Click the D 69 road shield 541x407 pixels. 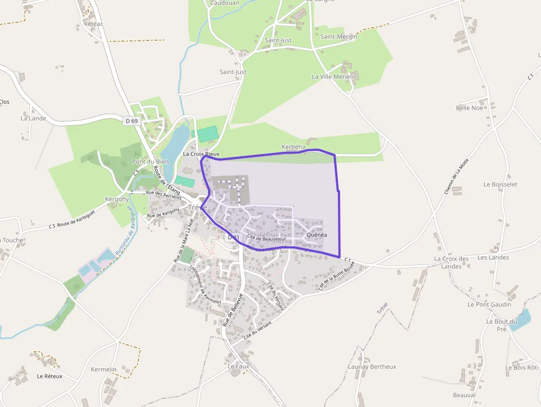pos(131,120)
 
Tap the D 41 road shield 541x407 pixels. pos(234,237)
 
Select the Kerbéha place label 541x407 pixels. pos(293,147)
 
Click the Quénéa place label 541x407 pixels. pos(317,235)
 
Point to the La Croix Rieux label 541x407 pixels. pos(201,154)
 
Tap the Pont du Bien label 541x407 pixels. pos(150,162)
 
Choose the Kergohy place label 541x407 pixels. pos(116,199)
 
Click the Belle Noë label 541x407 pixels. pos(469,108)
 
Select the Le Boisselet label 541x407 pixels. pos(500,184)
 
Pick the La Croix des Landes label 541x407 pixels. pos(451,262)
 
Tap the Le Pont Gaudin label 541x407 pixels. pos(489,304)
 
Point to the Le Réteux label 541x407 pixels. pos(50,376)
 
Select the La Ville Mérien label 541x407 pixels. pos(332,77)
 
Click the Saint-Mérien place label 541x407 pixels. pos(339,36)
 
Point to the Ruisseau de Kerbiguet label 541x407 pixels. pos(124,230)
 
